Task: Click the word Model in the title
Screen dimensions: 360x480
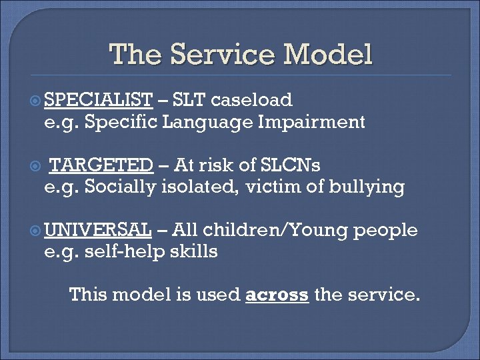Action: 329,55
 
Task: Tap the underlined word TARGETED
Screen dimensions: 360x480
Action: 102,165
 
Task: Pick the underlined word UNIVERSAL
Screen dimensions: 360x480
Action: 98,230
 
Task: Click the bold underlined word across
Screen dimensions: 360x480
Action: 277,294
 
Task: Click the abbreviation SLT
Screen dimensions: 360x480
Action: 189,100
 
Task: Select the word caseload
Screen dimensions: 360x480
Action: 252,100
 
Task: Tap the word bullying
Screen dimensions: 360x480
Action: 369,187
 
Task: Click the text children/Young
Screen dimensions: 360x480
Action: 275,230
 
